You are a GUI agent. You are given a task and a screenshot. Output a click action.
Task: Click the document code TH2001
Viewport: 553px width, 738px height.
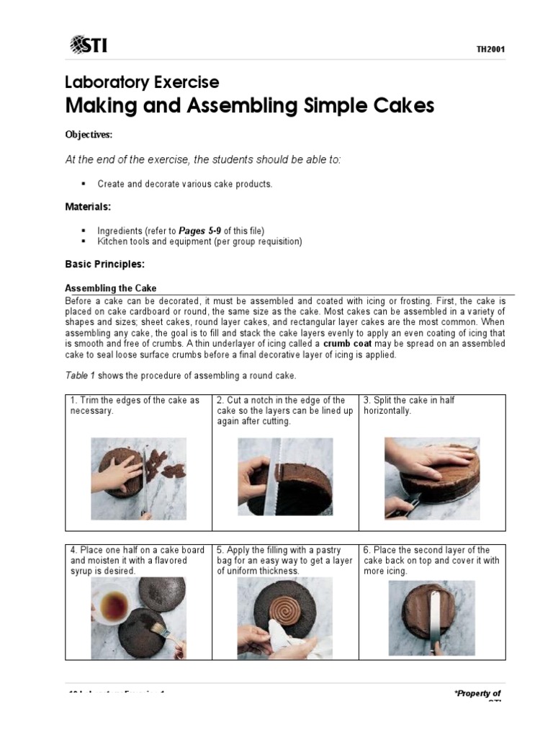pyautogui.click(x=490, y=49)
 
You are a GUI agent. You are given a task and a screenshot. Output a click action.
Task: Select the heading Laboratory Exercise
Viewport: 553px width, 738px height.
pyautogui.click(x=142, y=82)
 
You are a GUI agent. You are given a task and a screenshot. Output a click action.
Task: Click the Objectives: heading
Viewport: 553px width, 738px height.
pyautogui.click(x=89, y=135)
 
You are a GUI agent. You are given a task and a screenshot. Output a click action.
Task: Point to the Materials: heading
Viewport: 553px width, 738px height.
pyautogui.click(x=88, y=207)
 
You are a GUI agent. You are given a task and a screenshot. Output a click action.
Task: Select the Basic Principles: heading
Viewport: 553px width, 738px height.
pyautogui.click(x=104, y=264)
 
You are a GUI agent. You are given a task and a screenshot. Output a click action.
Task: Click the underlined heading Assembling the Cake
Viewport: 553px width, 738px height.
pyautogui.click(x=111, y=288)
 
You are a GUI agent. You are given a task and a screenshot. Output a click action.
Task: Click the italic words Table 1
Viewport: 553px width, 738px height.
pyautogui.click(x=79, y=376)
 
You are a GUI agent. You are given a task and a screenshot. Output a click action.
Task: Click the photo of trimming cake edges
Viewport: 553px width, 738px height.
pyautogui.click(x=138, y=479)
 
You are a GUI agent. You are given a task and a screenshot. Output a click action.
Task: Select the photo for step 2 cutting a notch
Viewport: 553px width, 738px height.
pyautogui.click(x=285, y=477)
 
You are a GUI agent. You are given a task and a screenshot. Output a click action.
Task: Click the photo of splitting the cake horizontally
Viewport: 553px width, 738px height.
pyautogui.click(x=432, y=479)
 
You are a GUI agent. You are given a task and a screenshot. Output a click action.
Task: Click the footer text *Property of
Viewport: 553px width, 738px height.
pyautogui.click(x=477, y=693)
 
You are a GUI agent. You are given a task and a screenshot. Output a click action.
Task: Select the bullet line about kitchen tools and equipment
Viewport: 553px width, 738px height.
pyautogui.click(x=199, y=241)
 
